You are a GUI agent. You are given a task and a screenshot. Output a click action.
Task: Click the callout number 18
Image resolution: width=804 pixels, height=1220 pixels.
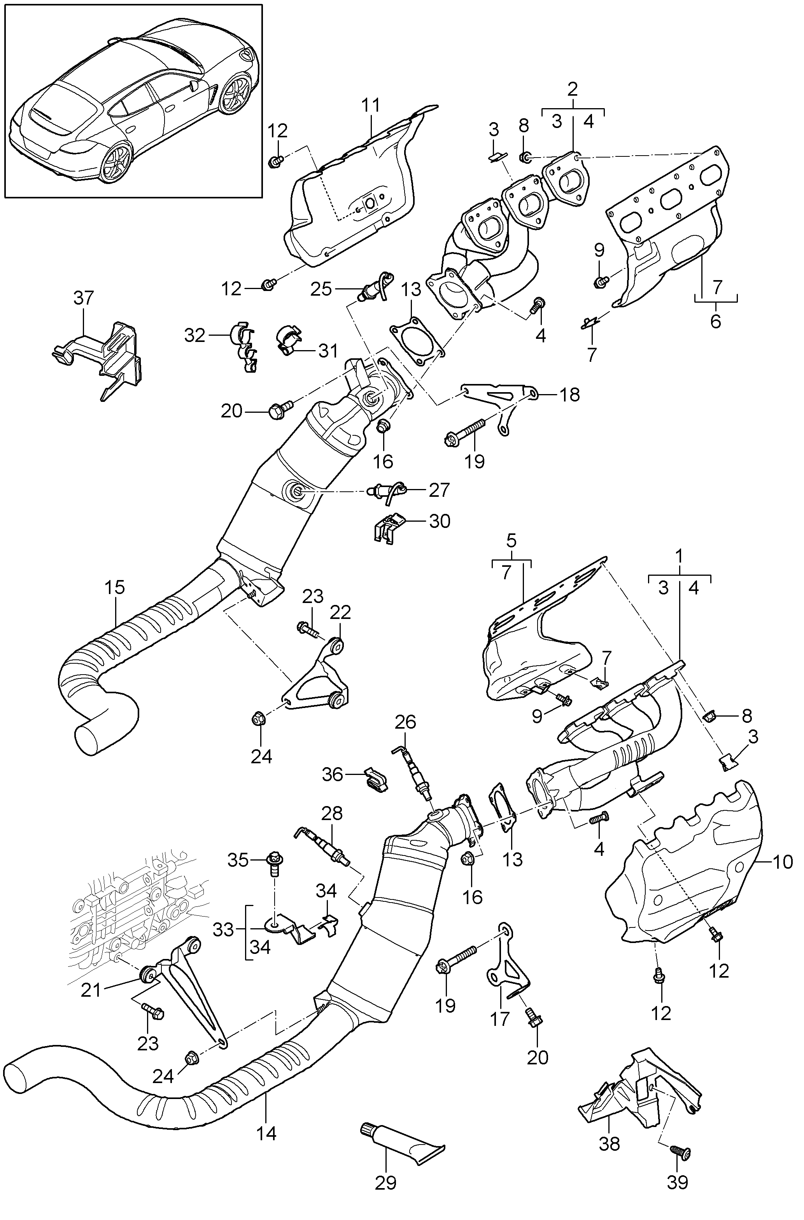(x=569, y=395)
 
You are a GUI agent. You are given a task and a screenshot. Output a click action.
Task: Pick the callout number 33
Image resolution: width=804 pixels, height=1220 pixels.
(x=224, y=930)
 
